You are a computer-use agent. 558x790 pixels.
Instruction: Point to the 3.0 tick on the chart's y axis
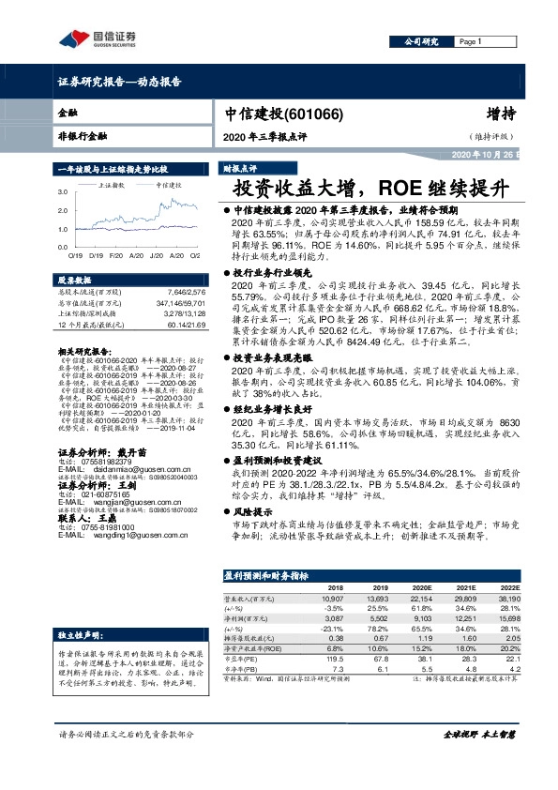(63, 190)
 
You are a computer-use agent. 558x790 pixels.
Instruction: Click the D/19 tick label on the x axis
(95, 255)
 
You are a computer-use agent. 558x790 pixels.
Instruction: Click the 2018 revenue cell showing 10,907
(332, 598)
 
